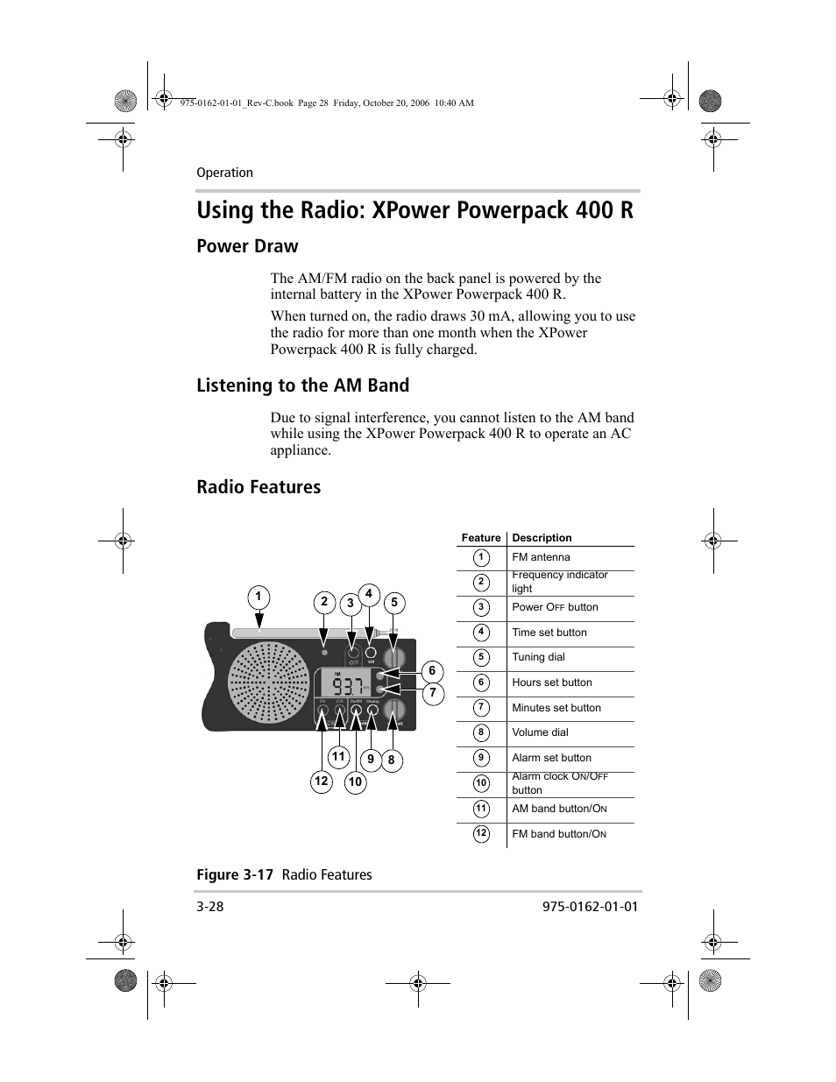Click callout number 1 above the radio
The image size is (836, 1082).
pyautogui.click(x=259, y=598)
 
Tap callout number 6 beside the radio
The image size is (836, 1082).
pyautogui.click(x=432, y=671)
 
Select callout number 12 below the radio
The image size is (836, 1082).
pyautogui.click(x=322, y=781)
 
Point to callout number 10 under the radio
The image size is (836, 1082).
pyautogui.click(x=355, y=782)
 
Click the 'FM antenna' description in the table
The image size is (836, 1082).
pyautogui.click(x=541, y=557)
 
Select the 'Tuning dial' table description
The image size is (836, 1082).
pyautogui.click(x=538, y=657)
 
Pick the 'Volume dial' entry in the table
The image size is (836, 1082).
pyautogui.click(x=540, y=732)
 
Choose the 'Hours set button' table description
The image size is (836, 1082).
pyautogui.click(x=552, y=682)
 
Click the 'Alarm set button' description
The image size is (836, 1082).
pyautogui.click(x=551, y=758)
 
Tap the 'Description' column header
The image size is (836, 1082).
pyautogui.click(x=542, y=538)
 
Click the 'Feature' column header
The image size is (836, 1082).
pyautogui.click(x=481, y=538)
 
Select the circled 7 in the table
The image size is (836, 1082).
pyautogui.click(x=481, y=708)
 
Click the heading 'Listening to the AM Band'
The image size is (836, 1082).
pyautogui.click(x=302, y=385)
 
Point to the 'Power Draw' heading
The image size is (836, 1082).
pyautogui.click(x=247, y=246)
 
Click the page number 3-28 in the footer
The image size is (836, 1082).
pyautogui.click(x=210, y=907)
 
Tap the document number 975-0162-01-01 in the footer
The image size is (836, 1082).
pyautogui.click(x=584, y=907)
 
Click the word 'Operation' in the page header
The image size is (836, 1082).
pyautogui.click(x=224, y=173)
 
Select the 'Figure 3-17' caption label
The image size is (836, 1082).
pyautogui.click(x=235, y=874)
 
